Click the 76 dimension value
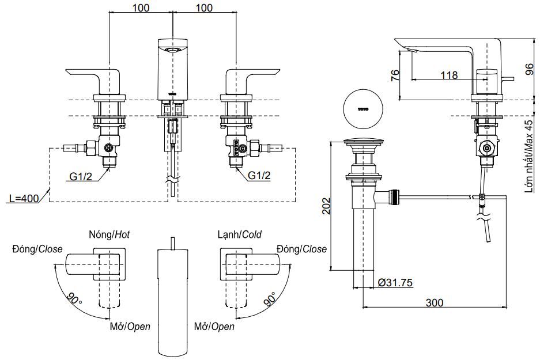[395, 76]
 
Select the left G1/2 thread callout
[81, 176]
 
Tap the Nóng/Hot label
[109, 234]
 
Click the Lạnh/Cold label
[239, 234]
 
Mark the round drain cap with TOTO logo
[362, 108]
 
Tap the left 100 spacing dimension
[141, 7]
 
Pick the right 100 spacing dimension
[204, 7]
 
